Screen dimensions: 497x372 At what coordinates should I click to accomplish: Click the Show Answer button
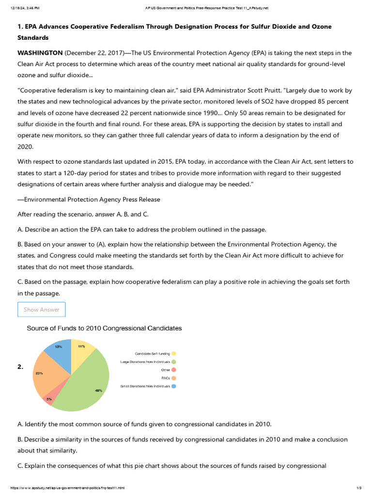click(42, 310)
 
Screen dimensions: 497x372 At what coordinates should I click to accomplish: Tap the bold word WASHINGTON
click(40, 53)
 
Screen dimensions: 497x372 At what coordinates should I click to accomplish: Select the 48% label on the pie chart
click(99, 390)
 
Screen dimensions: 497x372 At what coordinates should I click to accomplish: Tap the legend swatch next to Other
click(173, 370)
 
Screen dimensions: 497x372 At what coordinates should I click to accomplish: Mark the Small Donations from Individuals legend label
click(145, 386)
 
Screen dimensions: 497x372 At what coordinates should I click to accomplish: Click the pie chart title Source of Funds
click(104, 328)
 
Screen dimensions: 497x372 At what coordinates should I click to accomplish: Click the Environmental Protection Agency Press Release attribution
click(89, 199)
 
